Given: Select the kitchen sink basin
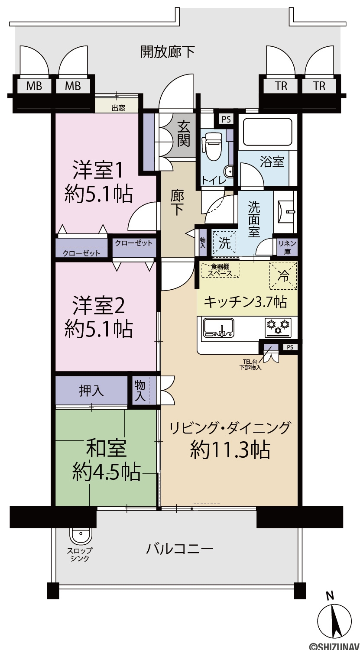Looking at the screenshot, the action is point(219,328).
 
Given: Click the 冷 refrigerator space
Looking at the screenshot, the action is point(283,276).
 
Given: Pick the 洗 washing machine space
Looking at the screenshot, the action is point(224,243).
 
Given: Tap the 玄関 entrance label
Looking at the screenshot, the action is point(184,134).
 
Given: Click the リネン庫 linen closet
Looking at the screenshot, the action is point(287,248).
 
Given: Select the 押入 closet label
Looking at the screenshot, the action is point(91,391).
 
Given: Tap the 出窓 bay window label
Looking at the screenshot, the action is point(118,108).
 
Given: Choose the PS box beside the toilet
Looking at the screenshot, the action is point(226,119).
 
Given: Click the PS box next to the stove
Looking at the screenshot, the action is point(290,347).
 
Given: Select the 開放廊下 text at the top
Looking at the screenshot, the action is point(168,52).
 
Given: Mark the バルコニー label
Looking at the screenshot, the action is point(179,549).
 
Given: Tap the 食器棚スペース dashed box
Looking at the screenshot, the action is point(220,270).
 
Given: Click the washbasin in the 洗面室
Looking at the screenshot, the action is point(286,211).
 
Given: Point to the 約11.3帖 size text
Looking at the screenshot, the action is point(230,450).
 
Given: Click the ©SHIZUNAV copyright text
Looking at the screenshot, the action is point(334,646).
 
